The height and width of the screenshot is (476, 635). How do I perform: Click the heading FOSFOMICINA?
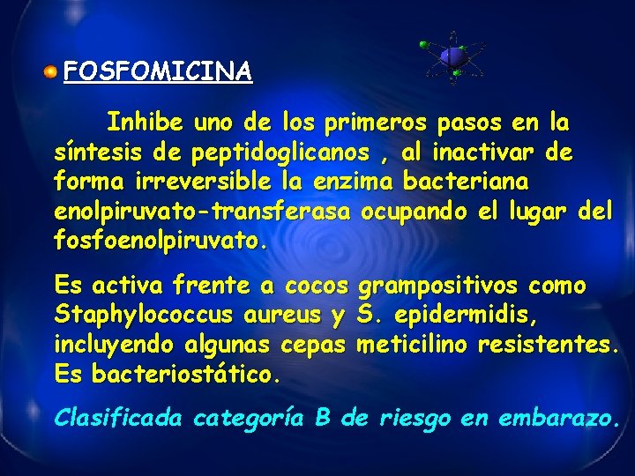[x=159, y=71]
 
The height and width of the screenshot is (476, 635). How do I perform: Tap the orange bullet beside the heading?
[x=53, y=71]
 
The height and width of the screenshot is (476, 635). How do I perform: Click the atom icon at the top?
[x=453, y=57]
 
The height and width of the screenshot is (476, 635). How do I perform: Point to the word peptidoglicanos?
[x=277, y=152]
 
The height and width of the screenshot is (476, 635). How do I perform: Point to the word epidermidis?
[x=466, y=315]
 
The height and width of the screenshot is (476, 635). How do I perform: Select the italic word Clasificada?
[x=118, y=418]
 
